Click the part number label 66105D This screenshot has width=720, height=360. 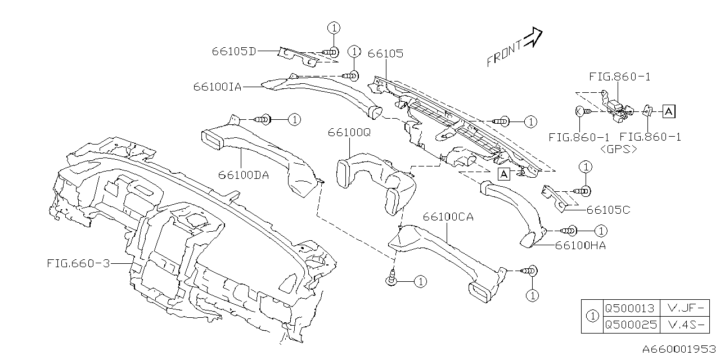[234, 51]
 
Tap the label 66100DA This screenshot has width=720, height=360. [244, 175]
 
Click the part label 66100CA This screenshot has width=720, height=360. [448, 217]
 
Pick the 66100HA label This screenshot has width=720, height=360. [580, 245]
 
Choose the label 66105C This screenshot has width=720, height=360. [608, 210]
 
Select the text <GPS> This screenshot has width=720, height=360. [619, 150]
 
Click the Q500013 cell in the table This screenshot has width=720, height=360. [629, 308]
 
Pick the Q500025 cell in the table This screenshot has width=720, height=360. [629, 325]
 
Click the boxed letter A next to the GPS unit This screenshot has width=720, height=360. [668, 111]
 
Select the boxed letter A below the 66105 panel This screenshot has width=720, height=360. [504, 173]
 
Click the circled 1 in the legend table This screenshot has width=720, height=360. [592, 316]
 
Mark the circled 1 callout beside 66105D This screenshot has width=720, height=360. [333, 28]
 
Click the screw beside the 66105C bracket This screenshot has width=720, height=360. [583, 191]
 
